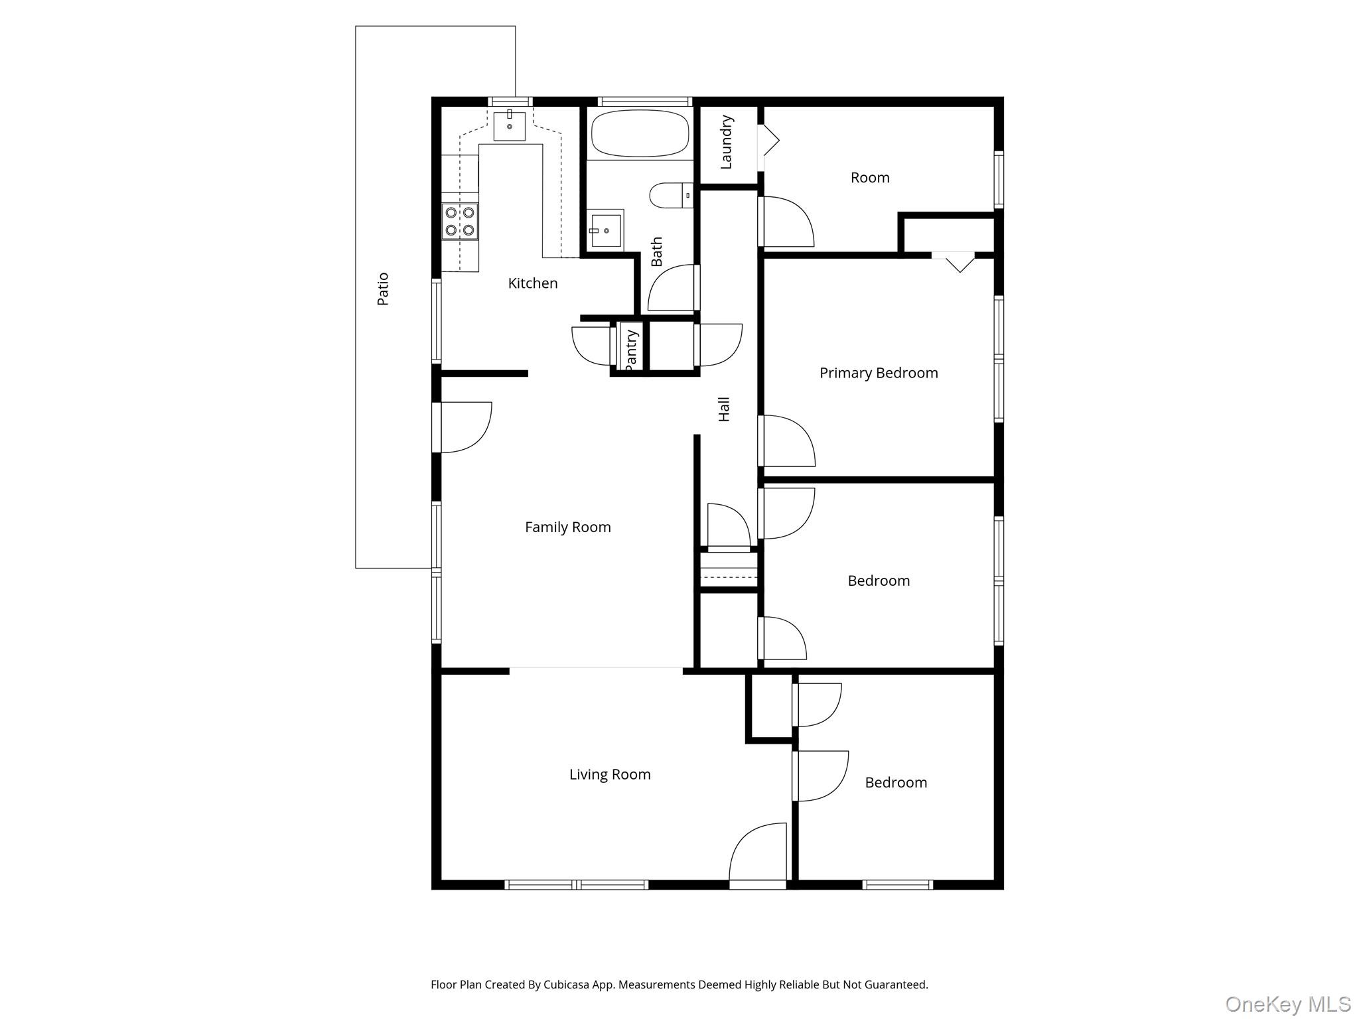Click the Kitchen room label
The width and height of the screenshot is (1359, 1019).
pyautogui.click(x=532, y=283)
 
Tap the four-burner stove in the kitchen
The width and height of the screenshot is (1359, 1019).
pyautogui.click(x=460, y=222)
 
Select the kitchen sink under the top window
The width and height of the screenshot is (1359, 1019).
pyautogui.click(x=509, y=126)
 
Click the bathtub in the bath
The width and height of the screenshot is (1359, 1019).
pyautogui.click(x=639, y=133)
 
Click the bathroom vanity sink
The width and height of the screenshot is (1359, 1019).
pyautogui.click(x=605, y=230)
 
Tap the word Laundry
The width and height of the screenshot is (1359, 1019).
pyautogui.click(x=726, y=142)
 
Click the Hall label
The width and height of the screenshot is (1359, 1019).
pyautogui.click(x=724, y=409)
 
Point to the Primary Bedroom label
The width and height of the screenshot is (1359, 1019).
pyautogui.click(x=879, y=373)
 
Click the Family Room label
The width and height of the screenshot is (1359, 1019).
pyautogui.click(x=567, y=527)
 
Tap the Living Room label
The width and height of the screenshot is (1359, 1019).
pyautogui.click(x=610, y=774)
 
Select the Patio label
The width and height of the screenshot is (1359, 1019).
pyautogui.click(x=383, y=289)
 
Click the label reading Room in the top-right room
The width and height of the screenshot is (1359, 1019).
pyautogui.click(x=870, y=178)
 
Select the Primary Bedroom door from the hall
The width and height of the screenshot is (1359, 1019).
pyautogui.click(x=786, y=441)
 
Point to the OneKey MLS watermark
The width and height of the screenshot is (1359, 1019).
pyautogui.click(x=1287, y=1004)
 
